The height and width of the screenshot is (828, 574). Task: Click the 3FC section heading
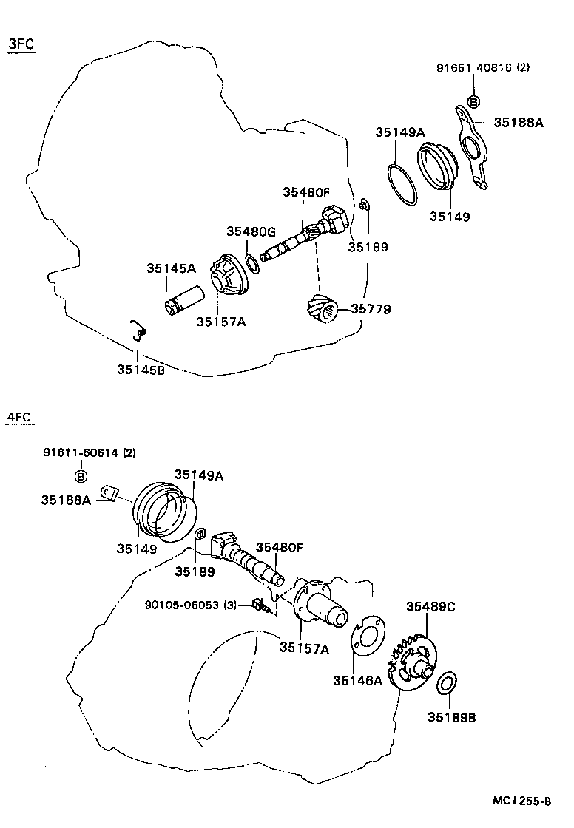pyautogui.click(x=21, y=44)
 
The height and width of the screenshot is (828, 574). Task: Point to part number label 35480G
pyautogui.click(x=251, y=231)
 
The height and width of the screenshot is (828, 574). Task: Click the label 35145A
pyautogui.click(x=171, y=268)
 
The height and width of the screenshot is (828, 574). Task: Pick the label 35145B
pyautogui.click(x=141, y=370)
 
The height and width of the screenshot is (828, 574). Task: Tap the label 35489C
pyautogui.click(x=430, y=607)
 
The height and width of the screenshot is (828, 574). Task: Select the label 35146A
pyautogui.click(x=357, y=681)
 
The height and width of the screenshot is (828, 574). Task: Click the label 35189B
pyautogui.click(x=452, y=716)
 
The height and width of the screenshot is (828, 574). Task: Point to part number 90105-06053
pyautogui.click(x=186, y=605)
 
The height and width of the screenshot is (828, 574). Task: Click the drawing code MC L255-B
pyautogui.click(x=522, y=801)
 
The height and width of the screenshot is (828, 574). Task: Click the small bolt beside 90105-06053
pyautogui.click(x=260, y=605)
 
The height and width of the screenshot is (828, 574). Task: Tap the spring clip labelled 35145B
pyautogui.click(x=138, y=330)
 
